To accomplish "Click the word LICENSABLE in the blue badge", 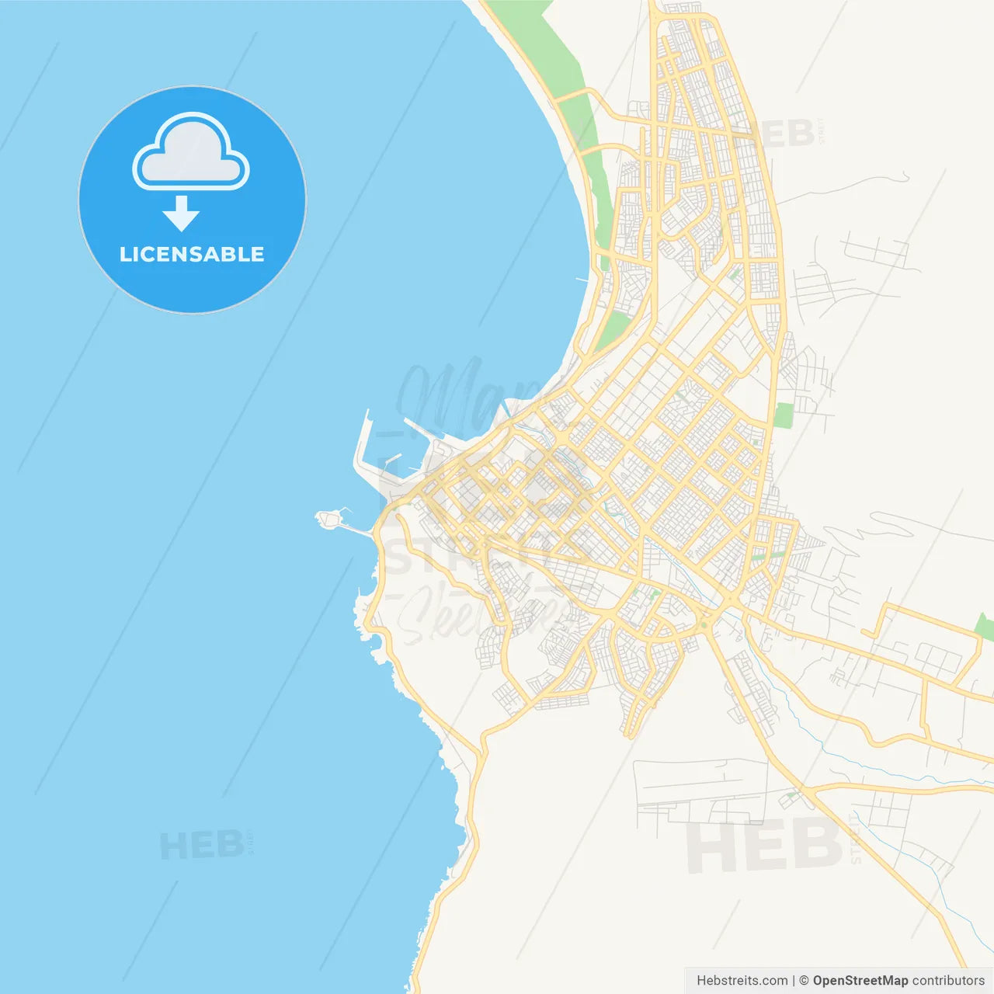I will click(192, 254).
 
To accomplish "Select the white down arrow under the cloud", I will click(181, 214).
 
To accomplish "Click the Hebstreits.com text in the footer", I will click(742, 981).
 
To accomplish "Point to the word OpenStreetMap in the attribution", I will click(860, 981).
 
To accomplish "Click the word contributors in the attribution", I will click(947, 981).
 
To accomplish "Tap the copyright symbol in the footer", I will click(804, 981).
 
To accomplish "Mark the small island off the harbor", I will click(329, 517).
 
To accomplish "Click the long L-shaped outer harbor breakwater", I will click(362, 450).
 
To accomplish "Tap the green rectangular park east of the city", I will click(784, 415).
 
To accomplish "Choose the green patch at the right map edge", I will click(985, 627).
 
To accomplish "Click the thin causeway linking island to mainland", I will click(357, 530).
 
